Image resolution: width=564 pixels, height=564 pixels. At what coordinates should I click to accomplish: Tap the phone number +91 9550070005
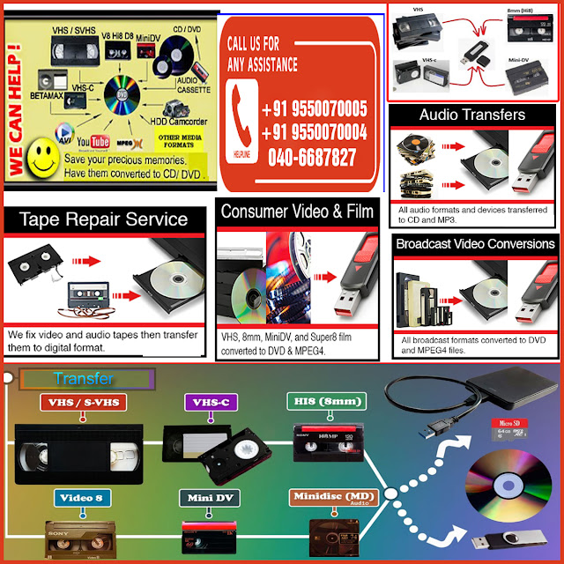click(x=315, y=109)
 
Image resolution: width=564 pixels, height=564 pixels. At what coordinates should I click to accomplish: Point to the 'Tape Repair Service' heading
click(x=104, y=219)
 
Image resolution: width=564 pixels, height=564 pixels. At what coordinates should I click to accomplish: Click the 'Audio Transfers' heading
click(x=472, y=115)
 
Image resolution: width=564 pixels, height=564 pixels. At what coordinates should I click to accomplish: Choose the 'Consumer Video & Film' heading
click(x=298, y=211)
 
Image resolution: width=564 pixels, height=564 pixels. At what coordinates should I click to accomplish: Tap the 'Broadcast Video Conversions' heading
click(x=475, y=243)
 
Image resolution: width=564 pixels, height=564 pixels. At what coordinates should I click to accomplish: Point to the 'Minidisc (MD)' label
click(x=330, y=497)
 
